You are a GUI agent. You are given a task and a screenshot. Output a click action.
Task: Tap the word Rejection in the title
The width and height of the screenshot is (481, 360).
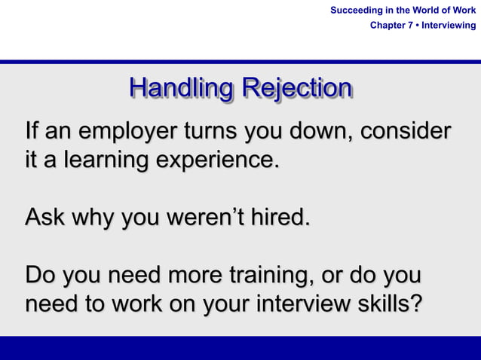tap(296, 88)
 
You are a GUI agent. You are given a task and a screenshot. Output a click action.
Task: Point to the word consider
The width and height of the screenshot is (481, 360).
tap(405, 130)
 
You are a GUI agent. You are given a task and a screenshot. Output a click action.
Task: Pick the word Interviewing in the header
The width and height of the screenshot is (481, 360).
tap(450, 26)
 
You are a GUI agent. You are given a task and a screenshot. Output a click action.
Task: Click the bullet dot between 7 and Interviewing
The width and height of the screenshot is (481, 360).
tap(418, 26)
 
